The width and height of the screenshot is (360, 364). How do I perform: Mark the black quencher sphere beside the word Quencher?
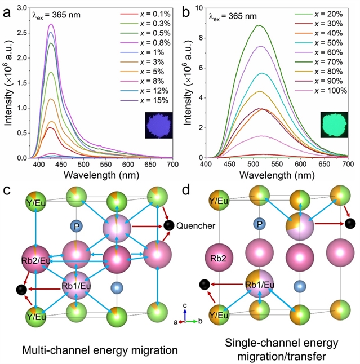coord(168,226)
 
